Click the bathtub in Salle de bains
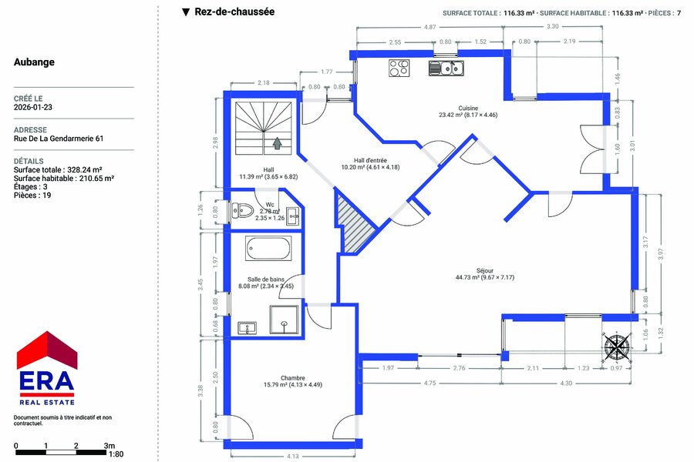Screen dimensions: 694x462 (x=268, y=248)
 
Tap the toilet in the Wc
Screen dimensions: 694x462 (x=242, y=210)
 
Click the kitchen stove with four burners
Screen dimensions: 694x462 (x=399, y=68)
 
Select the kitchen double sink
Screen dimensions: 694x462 (x=446, y=69)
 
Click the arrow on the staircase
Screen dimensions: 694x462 (x=277, y=143)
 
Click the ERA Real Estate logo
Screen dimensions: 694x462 (x=47, y=368)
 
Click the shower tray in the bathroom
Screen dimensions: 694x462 (x=284, y=320)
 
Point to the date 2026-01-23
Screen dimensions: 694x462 (x=32, y=108)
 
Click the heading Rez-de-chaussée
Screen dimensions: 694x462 (x=234, y=12)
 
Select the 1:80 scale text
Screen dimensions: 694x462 (x=116, y=454)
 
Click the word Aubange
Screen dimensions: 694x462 (x=34, y=62)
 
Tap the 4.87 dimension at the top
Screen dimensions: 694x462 (x=430, y=27)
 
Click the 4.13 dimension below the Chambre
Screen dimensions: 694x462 (x=293, y=457)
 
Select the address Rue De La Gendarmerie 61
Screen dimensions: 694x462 (x=59, y=139)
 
